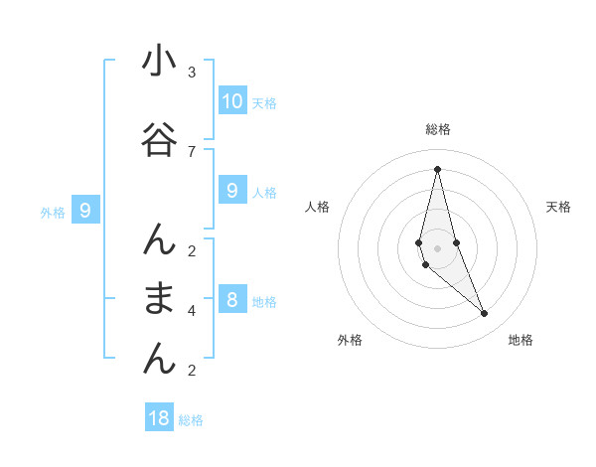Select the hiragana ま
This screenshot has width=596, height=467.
coord(159,298)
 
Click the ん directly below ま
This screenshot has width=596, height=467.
coord(159,358)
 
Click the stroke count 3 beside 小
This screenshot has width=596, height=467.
coord(192,73)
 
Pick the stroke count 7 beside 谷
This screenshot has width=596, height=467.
coord(192,151)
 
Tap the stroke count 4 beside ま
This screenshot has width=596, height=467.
coord(192,310)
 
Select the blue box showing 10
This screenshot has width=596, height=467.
coord(232,101)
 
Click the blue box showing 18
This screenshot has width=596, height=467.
coord(159,418)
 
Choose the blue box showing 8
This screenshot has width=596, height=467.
coord(232,300)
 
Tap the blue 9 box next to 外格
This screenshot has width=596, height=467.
coord(85,211)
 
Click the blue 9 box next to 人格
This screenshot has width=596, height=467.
coord(232,191)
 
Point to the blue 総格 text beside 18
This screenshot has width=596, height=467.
coord(191,420)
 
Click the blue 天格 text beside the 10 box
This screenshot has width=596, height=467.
coord(264,103)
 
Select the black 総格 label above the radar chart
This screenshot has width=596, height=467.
coord(437,129)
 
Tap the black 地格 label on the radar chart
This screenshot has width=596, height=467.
coord(521,340)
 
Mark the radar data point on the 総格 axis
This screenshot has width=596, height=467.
coord(437,169)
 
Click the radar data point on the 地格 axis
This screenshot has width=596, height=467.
coord(485,314)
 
